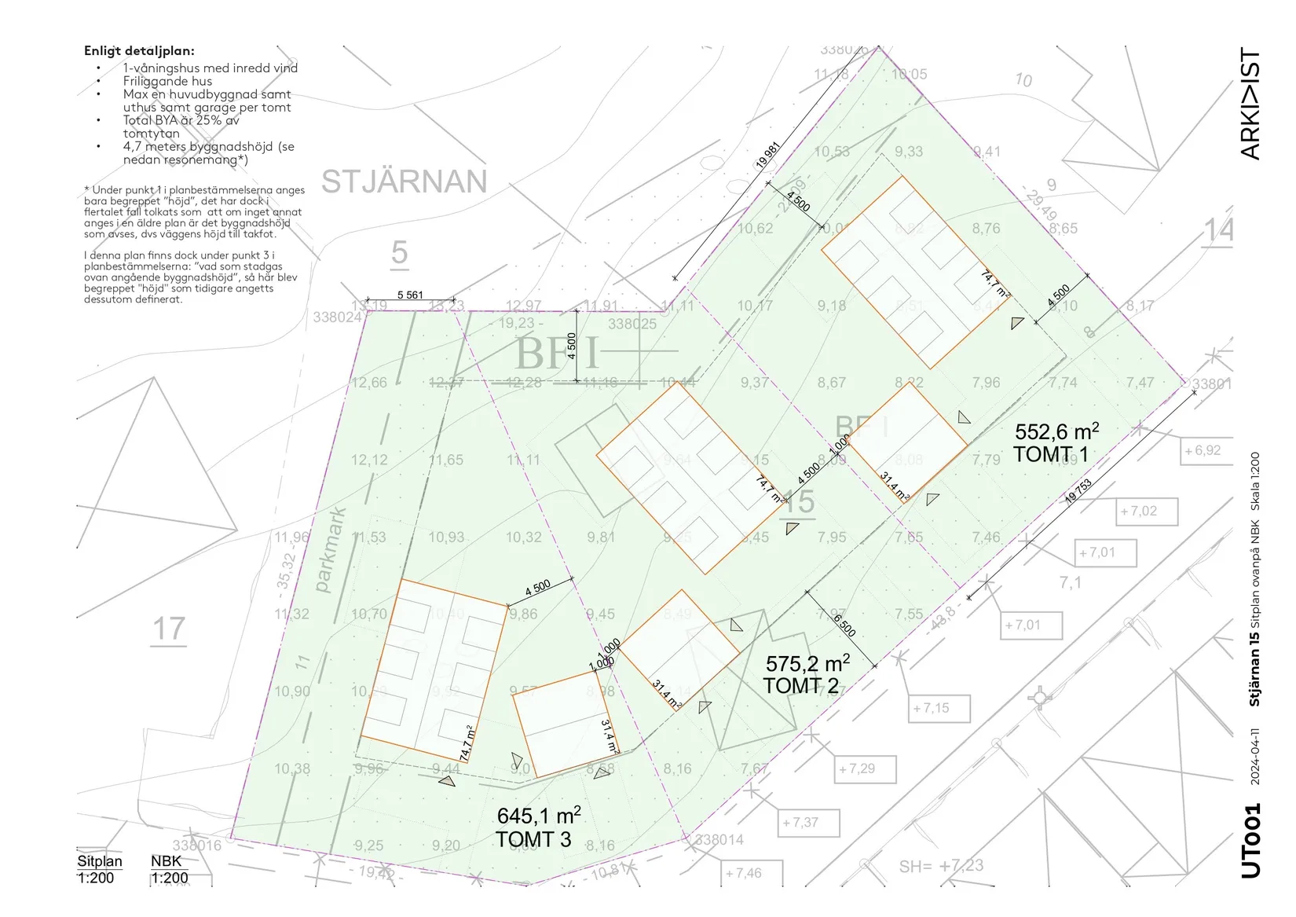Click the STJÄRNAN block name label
(404, 182)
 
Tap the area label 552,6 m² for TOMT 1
(1056, 431)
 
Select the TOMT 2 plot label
(800, 686)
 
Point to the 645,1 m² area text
(538, 816)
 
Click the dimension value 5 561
(410, 295)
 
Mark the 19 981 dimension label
(767, 156)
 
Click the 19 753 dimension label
(1078, 492)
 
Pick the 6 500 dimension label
(844, 626)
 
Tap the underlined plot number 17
(168, 630)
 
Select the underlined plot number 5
(399, 253)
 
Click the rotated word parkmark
(330, 550)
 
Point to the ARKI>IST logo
(1250, 104)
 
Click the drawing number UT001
(1251, 840)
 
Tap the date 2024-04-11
(1254, 756)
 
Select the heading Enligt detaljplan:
(139, 51)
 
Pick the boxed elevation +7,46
(743, 873)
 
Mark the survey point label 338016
(196, 845)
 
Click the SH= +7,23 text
(940, 866)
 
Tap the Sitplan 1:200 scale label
(99, 869)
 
